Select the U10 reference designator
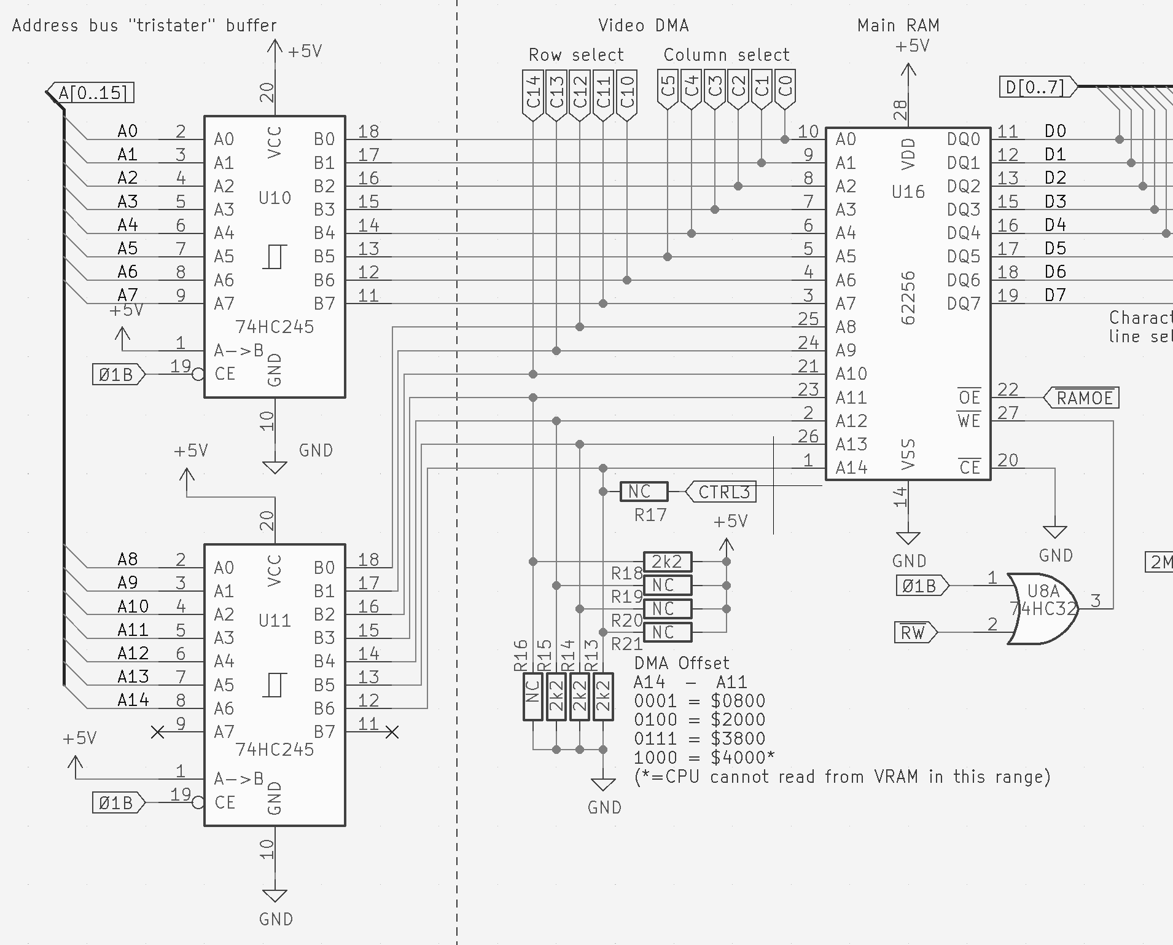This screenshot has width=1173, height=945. click(275, 198)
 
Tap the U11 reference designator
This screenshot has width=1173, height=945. click(275, 620)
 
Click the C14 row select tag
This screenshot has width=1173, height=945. click(532, 92)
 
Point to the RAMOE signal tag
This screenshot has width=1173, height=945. click(1084, 398)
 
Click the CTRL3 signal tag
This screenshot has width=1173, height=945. click(723, 492)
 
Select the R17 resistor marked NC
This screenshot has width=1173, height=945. click(644, 492)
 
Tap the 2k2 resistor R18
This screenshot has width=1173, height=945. click(668, 561)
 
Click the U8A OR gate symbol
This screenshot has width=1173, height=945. click(1043, 608)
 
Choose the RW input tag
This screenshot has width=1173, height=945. click(914, 632)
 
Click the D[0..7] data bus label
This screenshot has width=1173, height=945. click(1035, 87)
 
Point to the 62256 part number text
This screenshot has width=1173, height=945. click(908, 299)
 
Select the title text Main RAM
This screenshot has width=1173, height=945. click(898, 25)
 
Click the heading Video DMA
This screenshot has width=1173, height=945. click(643, 25)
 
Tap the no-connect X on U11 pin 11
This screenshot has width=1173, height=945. click(391, 732)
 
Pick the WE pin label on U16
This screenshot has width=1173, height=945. click(968, 421)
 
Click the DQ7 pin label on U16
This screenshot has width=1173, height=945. click(963, 304)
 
